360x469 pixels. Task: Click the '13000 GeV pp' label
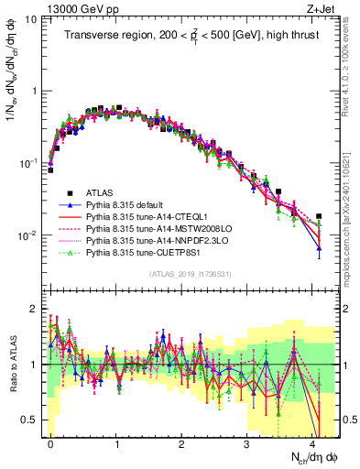point(74,8)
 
